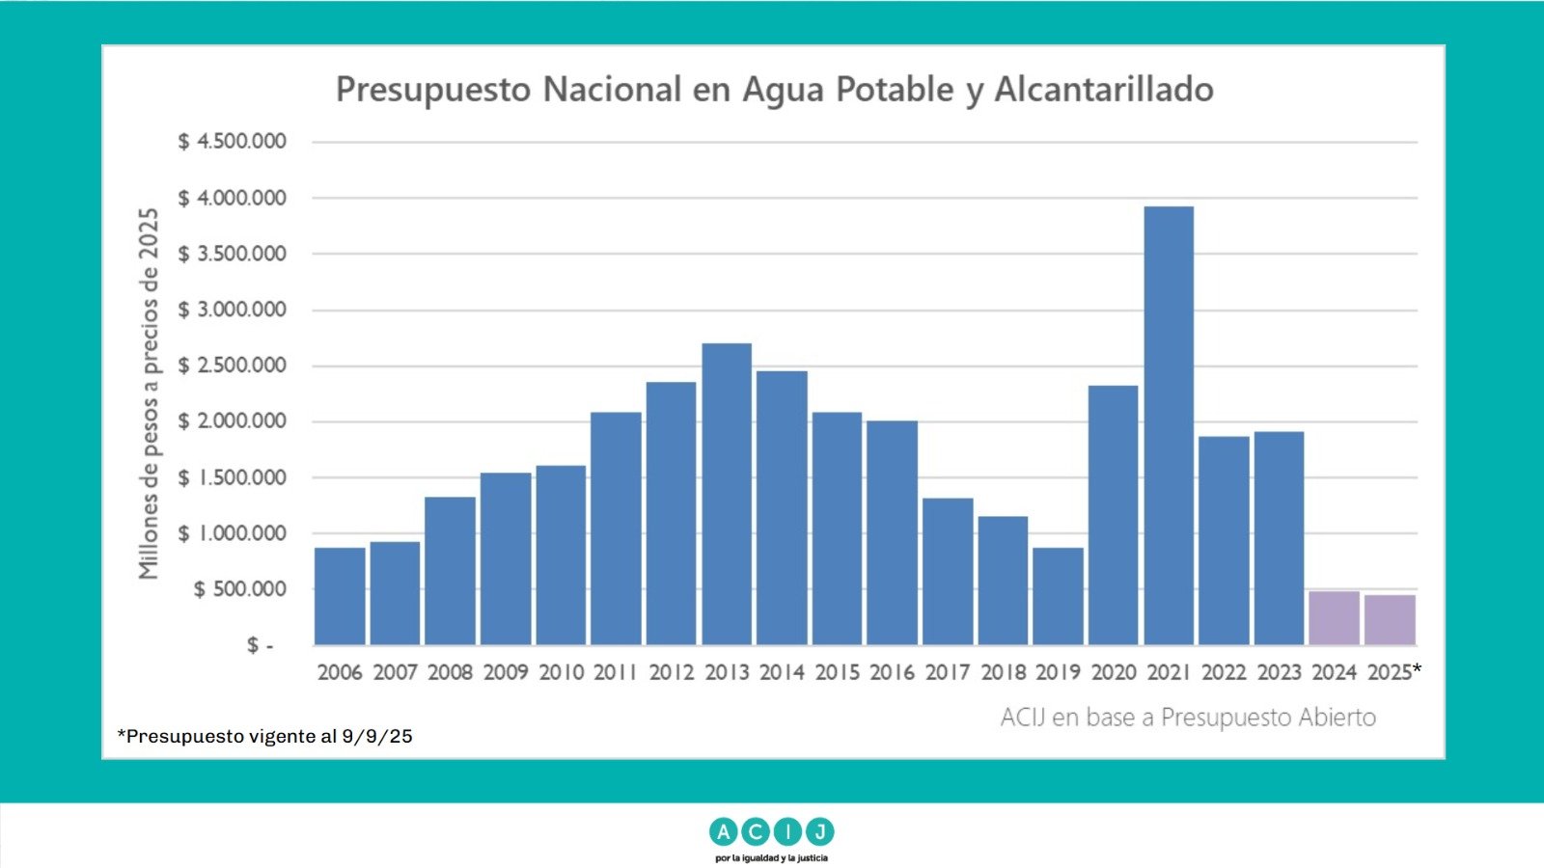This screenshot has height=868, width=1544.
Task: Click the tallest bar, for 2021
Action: coord(1169,425)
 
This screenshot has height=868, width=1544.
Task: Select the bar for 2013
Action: coord(727,494)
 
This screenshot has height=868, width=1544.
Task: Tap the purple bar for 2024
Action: coord(1334,618)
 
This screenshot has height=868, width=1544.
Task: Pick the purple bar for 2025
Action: coord(1390,620)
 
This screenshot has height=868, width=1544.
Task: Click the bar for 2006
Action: coord(340,596)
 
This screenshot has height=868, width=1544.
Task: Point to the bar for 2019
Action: coord(1058,596)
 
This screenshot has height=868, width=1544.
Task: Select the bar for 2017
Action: coord(948,571)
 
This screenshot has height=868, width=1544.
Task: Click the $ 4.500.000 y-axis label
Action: coord(233,142)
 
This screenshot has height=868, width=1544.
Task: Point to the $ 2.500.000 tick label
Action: coord(233,366)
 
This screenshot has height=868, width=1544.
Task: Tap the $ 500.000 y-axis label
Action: coord(240,589)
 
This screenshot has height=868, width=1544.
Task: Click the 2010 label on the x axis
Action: coord(561,672)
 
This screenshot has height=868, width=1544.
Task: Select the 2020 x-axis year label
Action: coord(1114,672)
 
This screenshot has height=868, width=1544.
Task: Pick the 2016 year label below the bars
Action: coord(893,672)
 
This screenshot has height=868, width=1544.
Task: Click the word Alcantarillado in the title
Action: coord(1104,90)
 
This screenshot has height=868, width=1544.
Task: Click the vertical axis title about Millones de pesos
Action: coord(149,393)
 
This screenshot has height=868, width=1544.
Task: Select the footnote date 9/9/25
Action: coord(377,737)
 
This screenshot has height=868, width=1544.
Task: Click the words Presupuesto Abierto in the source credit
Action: coord(1268,718)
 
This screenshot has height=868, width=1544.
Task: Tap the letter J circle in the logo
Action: coord(819,831)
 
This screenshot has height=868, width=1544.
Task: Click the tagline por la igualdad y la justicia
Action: coord(771,857)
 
